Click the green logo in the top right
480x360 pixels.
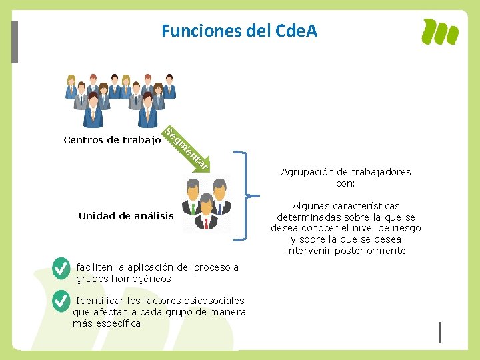tap(441, 31)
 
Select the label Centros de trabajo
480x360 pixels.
tap(112, 140)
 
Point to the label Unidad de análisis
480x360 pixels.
tap(126, 216)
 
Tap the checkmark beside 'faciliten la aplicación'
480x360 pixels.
tap(61, 268)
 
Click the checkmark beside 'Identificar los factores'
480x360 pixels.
tap(61, 301)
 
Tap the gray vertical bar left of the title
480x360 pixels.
tap(15, 42)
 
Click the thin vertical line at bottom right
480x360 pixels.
tap(440, 331)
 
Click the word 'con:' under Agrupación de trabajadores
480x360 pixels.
tap(345, 183)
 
